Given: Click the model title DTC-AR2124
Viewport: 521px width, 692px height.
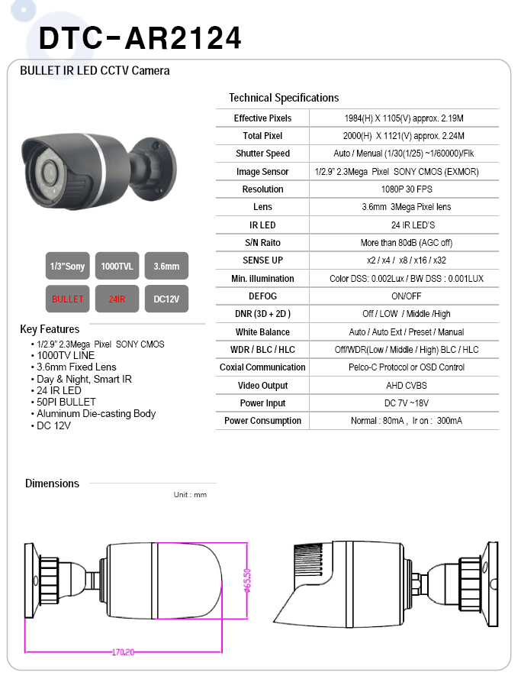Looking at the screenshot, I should pos(140,37).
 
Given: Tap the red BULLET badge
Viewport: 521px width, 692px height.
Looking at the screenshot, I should pos(67,299).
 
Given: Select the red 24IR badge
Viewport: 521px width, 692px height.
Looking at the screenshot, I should pos(117,299).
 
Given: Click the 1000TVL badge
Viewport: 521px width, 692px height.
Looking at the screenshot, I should pos(117,266).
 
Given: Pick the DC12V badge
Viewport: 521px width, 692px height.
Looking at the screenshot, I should pos(166,299).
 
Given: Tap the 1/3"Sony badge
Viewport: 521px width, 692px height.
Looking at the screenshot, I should pos(67,266).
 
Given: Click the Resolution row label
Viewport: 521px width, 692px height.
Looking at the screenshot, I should pos(262,189).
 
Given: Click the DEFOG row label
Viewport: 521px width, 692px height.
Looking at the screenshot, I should pos(262,296).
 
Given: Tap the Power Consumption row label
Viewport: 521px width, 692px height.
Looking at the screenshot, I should pos(262,421).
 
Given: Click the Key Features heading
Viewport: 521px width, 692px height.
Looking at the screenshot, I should pos(50,330).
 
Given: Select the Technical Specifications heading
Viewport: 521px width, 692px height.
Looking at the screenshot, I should pos(284,98).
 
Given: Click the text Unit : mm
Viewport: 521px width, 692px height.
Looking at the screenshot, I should pos(190,495).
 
